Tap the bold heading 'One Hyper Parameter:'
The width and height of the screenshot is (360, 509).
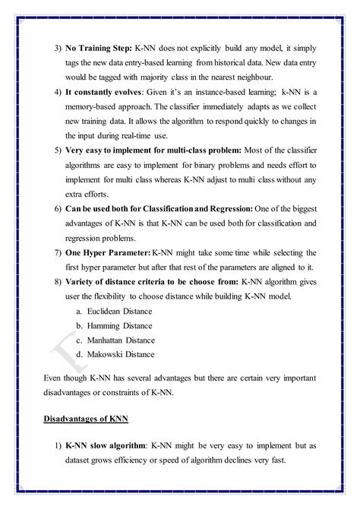point(108,250)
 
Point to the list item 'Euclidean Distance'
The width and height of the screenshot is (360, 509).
point(120,311)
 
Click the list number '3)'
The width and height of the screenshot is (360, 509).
point(58,48)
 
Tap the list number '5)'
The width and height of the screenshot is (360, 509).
point(58,150)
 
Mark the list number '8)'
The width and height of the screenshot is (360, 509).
point(58,281)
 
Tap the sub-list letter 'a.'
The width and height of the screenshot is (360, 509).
point(80,311)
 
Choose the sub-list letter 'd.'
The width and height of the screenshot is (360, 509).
point(80,354)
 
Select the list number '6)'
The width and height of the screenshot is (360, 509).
point(58,208)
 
